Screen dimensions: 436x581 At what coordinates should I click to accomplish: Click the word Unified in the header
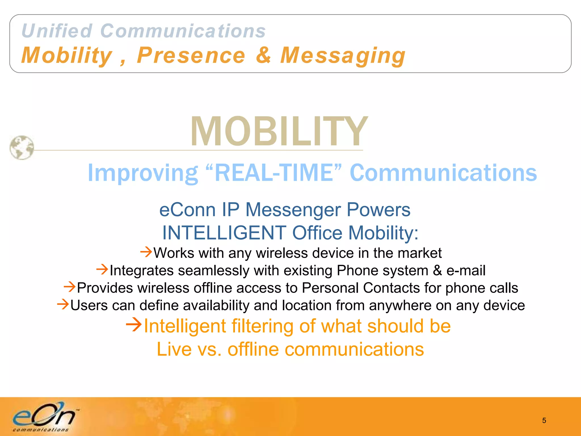click(x=57, y=31)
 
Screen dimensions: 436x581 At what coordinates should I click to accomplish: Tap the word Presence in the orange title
click(x=191, y=55)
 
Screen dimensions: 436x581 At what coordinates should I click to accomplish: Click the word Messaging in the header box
click(x=343, y=56)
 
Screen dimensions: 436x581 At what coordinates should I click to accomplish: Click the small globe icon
click(x=22, y=148)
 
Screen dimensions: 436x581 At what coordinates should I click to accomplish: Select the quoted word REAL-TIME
click(x=274, y=173)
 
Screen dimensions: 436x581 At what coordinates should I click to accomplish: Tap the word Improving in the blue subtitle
click(x=143, y=173)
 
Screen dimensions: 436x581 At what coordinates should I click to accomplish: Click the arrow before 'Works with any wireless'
click(x=146, y=252)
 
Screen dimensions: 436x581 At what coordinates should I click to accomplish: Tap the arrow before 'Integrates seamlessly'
click(x=102, y=269)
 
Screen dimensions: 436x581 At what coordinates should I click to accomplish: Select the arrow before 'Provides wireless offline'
click(x=70, y=287)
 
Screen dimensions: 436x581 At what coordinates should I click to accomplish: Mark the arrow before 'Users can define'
click(x=63, y=304)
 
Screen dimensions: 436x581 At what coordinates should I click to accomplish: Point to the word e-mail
click(x=466, y=270)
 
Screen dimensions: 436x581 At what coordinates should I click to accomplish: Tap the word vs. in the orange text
click(x=209, y=349)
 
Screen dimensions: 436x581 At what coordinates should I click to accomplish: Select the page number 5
click(x=544, y=420)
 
